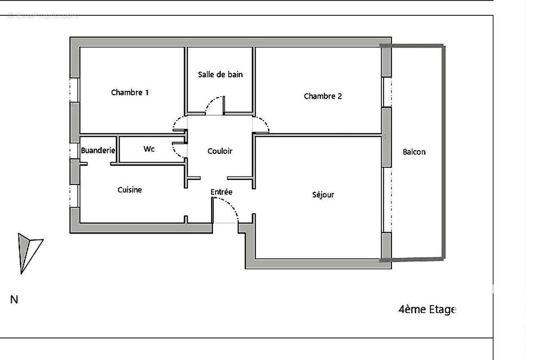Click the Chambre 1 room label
130,93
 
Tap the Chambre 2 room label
323,96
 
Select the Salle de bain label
220,74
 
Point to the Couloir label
220,151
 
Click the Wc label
149,148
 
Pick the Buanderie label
98,150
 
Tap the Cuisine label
130,190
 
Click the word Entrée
222,192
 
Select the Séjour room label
323,195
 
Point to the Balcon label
414,152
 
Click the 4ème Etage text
427,310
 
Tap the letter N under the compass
14,300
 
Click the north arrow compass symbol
27,252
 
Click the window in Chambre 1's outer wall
74,90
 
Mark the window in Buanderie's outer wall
74,150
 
